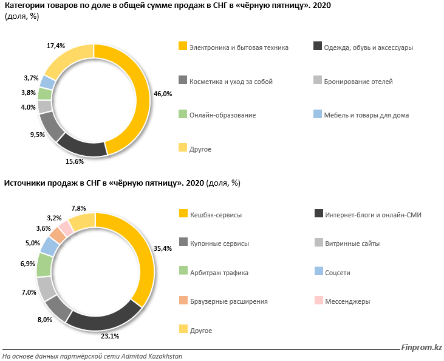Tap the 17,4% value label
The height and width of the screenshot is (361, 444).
[56, 46]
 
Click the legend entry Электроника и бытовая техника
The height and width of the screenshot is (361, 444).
[239, 47]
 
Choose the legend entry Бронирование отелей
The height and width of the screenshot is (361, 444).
[358, 81]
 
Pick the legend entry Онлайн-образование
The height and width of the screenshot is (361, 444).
[222, 115]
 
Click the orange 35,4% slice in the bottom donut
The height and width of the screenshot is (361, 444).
[140, 256]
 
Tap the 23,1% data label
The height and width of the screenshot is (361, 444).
[110, 335]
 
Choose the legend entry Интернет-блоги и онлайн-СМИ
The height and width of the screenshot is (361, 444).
[373, 214]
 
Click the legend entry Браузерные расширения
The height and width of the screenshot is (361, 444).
[228, 301]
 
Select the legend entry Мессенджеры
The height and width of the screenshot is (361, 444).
[347, 301]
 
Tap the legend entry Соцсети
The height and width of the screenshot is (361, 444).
[338, 272]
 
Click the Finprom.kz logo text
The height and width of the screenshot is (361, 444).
[421, 347]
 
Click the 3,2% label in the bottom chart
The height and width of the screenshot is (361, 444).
[55, 217]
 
